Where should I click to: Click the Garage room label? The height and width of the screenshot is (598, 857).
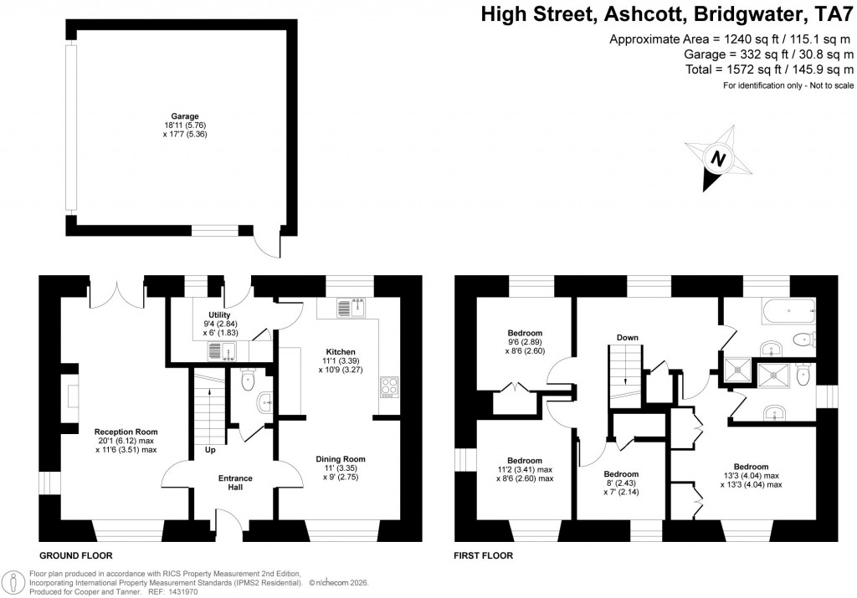(182, 116)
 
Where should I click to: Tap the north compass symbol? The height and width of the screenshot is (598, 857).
(716, 157)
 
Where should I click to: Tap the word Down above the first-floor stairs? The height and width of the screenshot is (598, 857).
(628, 337)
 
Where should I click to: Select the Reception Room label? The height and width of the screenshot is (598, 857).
(126, 432)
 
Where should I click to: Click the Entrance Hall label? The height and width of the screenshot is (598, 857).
(235, 483)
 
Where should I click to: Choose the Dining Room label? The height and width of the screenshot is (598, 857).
(341, 458)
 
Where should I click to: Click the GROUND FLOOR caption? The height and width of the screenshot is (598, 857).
(76, 555)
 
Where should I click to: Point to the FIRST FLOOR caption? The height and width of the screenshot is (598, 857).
(483, 555)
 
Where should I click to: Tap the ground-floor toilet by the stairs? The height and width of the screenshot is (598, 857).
(249, 381)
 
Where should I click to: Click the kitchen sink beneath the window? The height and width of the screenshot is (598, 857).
(350, 308)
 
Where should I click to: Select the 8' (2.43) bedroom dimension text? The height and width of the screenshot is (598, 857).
(621, 483)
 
